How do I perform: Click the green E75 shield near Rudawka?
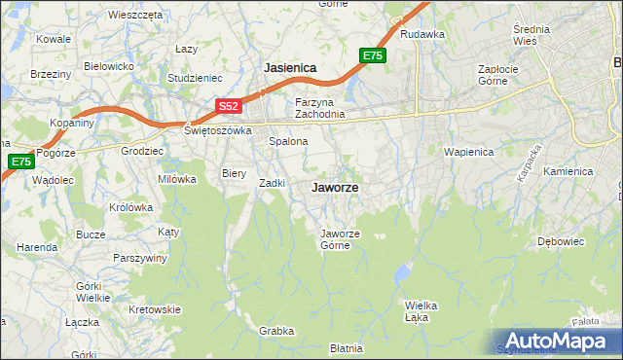373,56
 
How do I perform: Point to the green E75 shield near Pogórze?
19,161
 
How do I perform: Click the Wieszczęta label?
135,16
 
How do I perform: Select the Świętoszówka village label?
217,129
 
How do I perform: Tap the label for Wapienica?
469,152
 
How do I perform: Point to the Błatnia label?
347,347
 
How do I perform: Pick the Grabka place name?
276,331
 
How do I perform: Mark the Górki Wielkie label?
92,291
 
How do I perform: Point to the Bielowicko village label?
108,66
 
